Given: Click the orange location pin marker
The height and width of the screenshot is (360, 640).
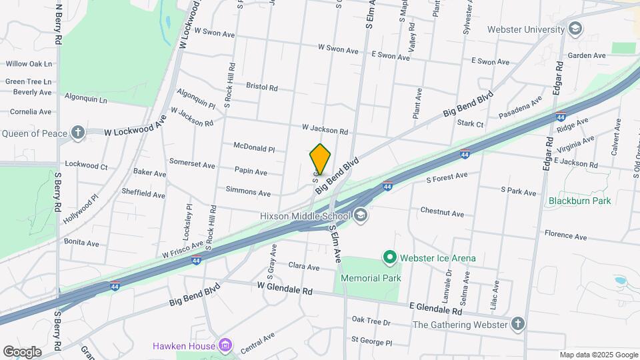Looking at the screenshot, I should pyautogui.click(x=321, y=159).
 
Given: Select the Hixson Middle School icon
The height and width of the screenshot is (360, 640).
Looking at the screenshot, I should pyautogui.click(x=361, y=215).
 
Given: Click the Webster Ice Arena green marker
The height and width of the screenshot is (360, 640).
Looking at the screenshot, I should pyautogui.click(x=389, y=257).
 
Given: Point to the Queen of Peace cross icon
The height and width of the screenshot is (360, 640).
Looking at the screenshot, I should pyautogui.click(x=79, y=133).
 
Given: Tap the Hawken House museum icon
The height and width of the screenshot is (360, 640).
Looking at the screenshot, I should pyautogui.click(x=225, y=345).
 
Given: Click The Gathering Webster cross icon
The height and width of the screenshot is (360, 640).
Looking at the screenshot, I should pyautogui.click(x=518, y=325).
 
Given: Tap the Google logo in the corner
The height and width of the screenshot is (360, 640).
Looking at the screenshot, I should pyautogui.click(x=22, y=352).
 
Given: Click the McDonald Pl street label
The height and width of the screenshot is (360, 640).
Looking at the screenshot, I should pyautogui.click(x=254, y=147).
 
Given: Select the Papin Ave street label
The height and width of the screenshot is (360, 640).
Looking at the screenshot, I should pyautogui.click(x=251, y=172).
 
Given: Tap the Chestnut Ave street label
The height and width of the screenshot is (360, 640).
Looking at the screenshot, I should pyautogui.click(x=442, y=213).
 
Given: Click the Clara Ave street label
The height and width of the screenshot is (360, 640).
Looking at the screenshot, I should pyautogui.click(x=304, y=266).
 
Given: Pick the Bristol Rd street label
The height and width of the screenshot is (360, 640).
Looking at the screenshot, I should pyautogui.click(x=261, y=87).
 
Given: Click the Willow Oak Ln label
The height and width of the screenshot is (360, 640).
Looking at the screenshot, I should pyautogui.click(x=29, y=64).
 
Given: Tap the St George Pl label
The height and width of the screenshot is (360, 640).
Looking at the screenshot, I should pyautogui.click(x=371, y=341).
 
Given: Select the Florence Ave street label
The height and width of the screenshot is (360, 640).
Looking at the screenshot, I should pyautogui.click(x=565, y=236).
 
